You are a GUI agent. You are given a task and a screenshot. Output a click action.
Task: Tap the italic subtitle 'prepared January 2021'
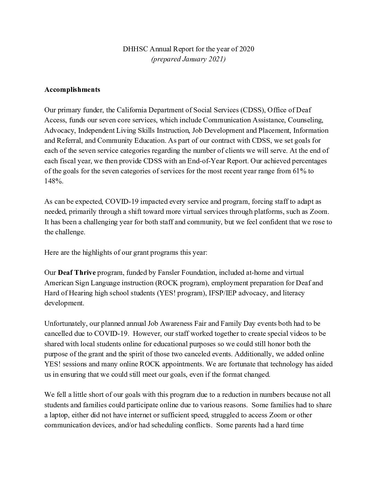[x=188, y=59]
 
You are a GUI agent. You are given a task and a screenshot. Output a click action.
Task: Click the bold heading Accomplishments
[x=72, y=89]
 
